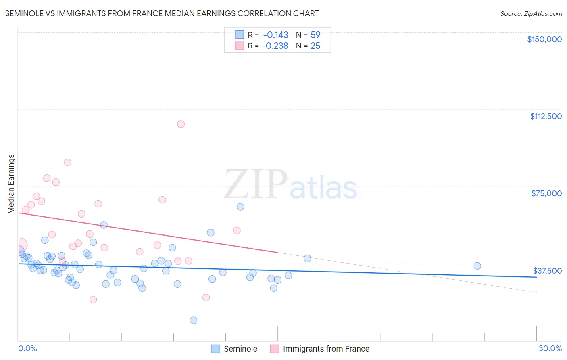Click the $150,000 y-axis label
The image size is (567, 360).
tap(544, 39)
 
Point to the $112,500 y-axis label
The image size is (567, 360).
tap(546, 116)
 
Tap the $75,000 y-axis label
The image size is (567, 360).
tap(546, 193)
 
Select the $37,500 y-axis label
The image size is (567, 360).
tap(547, 271)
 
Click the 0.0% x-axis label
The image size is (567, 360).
tap(27, 348)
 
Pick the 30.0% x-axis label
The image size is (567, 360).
tap(550, 348)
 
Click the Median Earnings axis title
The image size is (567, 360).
tap(11, 184)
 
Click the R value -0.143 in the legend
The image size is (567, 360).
tap(275, 35)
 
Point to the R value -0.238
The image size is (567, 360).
tap(275, 46)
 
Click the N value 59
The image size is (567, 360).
tap(315, 35)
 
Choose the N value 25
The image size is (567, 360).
tap(315, 46)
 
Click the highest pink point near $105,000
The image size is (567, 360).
tap(181, 124)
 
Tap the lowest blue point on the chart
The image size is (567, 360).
tap(194, 320)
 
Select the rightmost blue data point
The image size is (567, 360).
tap(477, 266)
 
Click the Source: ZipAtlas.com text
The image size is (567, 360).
tap(531, 14)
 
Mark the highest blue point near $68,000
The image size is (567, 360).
tap(240, 207)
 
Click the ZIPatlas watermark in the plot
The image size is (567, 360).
tap(290, 185)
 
